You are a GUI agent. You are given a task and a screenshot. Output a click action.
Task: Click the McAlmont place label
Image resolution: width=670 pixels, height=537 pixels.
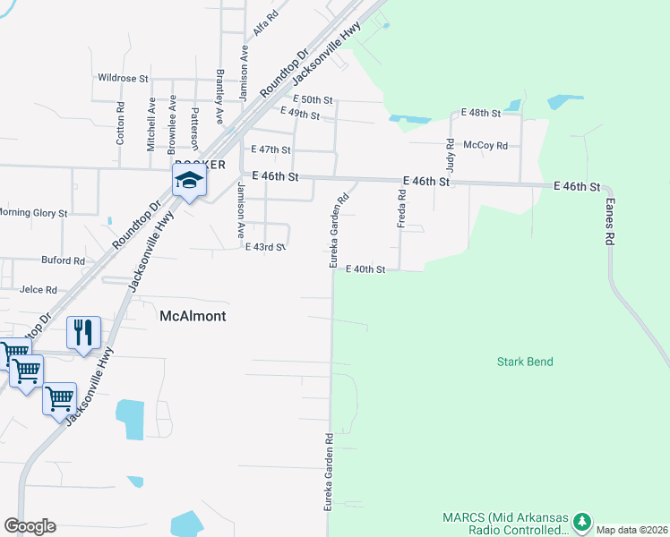pyautogui.click(x=193, y=317)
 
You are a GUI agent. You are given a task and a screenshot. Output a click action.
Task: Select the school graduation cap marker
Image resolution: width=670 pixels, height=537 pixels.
pyautogui.click(x=189, y=182)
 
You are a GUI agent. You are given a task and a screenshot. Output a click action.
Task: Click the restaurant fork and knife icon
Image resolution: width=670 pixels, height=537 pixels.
pyautogui.click(x=83, y=333)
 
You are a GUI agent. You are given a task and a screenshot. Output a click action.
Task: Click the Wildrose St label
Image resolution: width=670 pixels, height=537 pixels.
pyautogui.click(x=123, y=79)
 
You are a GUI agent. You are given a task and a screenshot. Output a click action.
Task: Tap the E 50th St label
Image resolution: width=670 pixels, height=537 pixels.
pyautogui.click(x=312, y=99)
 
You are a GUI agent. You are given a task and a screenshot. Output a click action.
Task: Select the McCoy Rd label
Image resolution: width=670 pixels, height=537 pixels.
pyautogui.click(x=485, y=145)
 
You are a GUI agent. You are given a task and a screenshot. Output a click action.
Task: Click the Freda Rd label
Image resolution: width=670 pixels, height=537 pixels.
pyautogui.click(x=403, y=212)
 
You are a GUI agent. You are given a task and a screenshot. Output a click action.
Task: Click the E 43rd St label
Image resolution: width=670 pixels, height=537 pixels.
pyautogui.click(x=265, y=246)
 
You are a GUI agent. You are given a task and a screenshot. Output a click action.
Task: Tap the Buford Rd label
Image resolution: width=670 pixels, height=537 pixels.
pyautogui.click(x=63, y=261)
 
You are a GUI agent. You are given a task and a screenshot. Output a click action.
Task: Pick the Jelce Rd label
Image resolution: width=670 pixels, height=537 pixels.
pyautogui.click(x=39, y=290)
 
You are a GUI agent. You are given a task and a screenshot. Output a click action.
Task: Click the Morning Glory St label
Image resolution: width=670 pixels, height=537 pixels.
pyautogui.click(x=33, y=213)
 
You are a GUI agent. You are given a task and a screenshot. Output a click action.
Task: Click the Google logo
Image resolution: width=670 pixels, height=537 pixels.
pyautogui.click(x=30, y=526)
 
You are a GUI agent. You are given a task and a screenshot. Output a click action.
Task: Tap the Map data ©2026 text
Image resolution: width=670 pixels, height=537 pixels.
pyautogui.click(x=631, y=530)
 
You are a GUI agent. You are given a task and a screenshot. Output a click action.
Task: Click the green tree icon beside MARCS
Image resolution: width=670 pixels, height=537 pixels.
pyautogui.click(x=582, y=521)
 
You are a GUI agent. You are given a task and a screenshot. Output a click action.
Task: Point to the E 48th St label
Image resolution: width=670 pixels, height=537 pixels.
pyautogui.click(x=480, y=113)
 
